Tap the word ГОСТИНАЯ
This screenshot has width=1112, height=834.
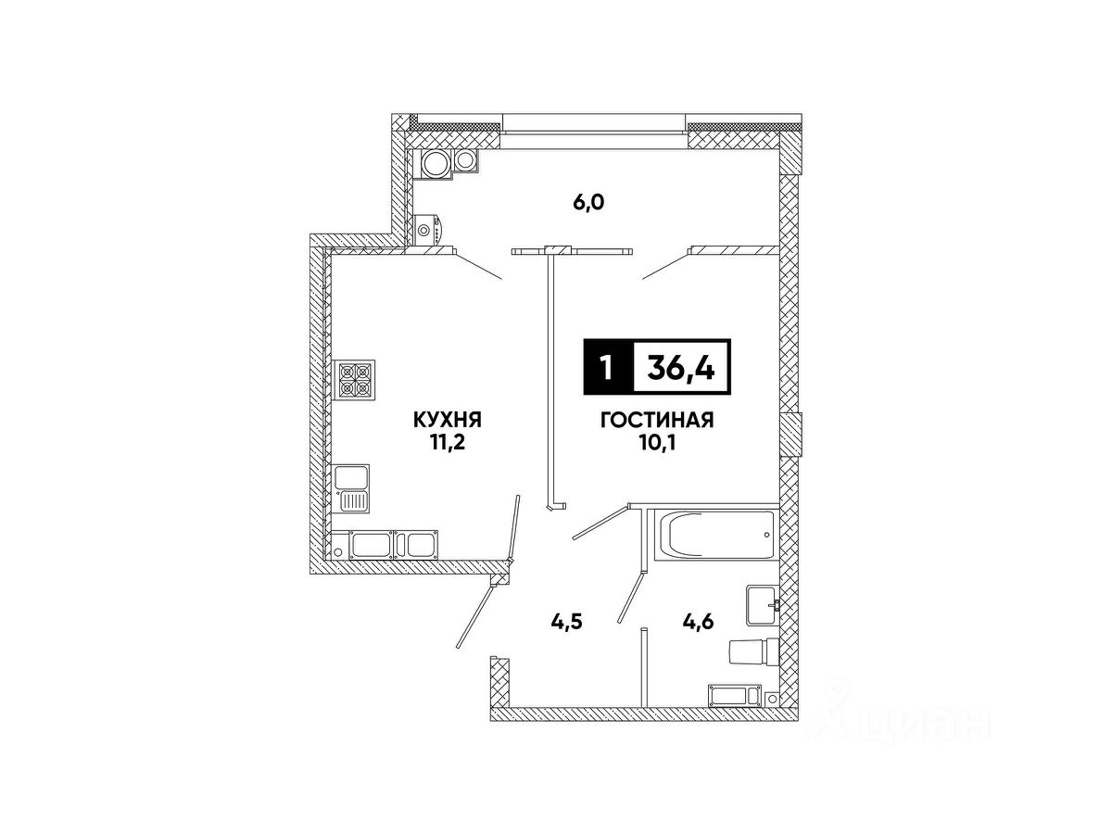point(656,421)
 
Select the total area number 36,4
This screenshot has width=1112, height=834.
point(682,368)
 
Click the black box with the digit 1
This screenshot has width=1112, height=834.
point(607,368)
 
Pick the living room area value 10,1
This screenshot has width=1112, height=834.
point(656,442)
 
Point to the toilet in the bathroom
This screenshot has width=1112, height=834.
point(752,652)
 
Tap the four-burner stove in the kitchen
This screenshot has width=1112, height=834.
point(355,379)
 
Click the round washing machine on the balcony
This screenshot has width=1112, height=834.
point(435,163)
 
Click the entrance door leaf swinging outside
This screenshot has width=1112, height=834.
point(480,611)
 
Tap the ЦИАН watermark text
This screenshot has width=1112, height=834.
point(917,722)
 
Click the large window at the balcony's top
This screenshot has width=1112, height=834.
point(596,125)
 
